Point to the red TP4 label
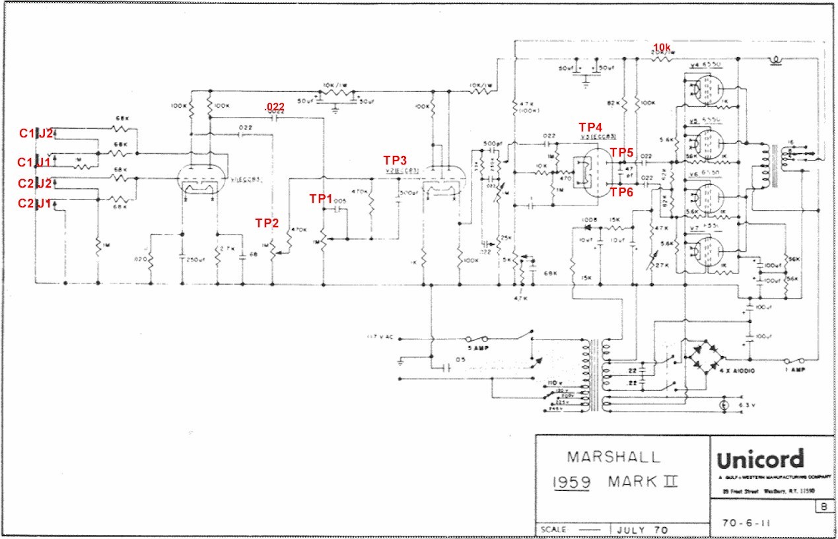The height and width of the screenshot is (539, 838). coord(590,127)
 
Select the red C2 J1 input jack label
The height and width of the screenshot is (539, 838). coord(36,205)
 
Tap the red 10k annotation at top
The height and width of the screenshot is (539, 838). coord(662,48)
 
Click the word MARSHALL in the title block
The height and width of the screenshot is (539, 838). coord(613,456)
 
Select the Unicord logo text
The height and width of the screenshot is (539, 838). coord(760,459)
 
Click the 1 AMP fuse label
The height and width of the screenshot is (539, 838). coord(794,371)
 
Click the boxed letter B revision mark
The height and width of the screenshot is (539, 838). coord(824,507)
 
